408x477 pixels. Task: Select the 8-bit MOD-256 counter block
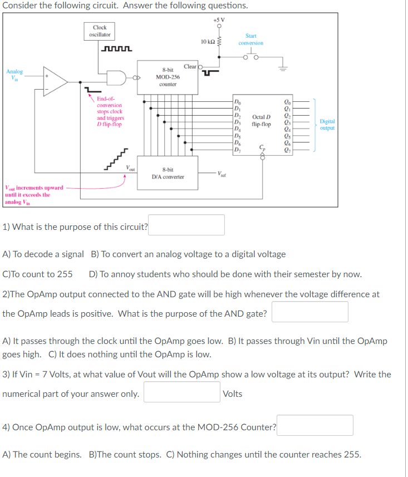[168, 78]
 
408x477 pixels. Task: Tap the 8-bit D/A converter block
[168, 173]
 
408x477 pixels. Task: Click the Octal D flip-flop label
[261, 121]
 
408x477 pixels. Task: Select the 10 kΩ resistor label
[207, 42]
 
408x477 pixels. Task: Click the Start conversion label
[250, 40]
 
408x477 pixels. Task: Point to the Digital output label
[327, 124]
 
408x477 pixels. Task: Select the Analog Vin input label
[15, 75]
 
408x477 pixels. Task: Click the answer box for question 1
[186, 225]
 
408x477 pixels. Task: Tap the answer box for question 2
[309, 312]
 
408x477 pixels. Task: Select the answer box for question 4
[316, 426]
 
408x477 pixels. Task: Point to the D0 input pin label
[238, 101]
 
